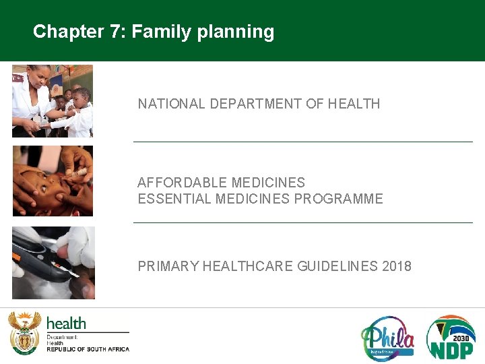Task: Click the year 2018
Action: pyautogui.click(x=396, y=266)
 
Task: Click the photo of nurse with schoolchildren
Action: pyautogui.click(x=53, y=101)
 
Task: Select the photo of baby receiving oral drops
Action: pyautogui.click(x=53, y=181)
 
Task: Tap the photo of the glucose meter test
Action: pyautogui.click(x=53, y=263)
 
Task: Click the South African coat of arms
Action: pyautogui.click(x=24, y=333)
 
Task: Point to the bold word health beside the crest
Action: pyautogui.click(x=66, y=323)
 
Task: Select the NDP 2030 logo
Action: pyautogui.click(x=451, y=337)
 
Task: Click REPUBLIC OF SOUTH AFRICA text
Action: pyautogui.click(x=88, y=349)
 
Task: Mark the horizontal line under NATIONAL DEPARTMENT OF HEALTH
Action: pyautogui.click(x=303, y=142)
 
